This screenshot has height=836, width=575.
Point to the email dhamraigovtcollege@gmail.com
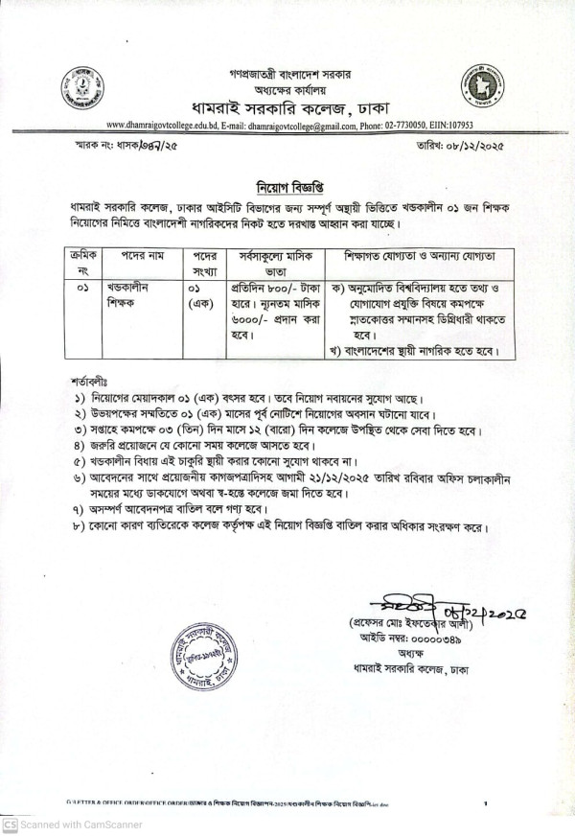pos(316,125)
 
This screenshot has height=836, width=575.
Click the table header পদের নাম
pos(139,258)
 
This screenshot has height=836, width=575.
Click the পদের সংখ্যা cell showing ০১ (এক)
pos(200,295)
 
